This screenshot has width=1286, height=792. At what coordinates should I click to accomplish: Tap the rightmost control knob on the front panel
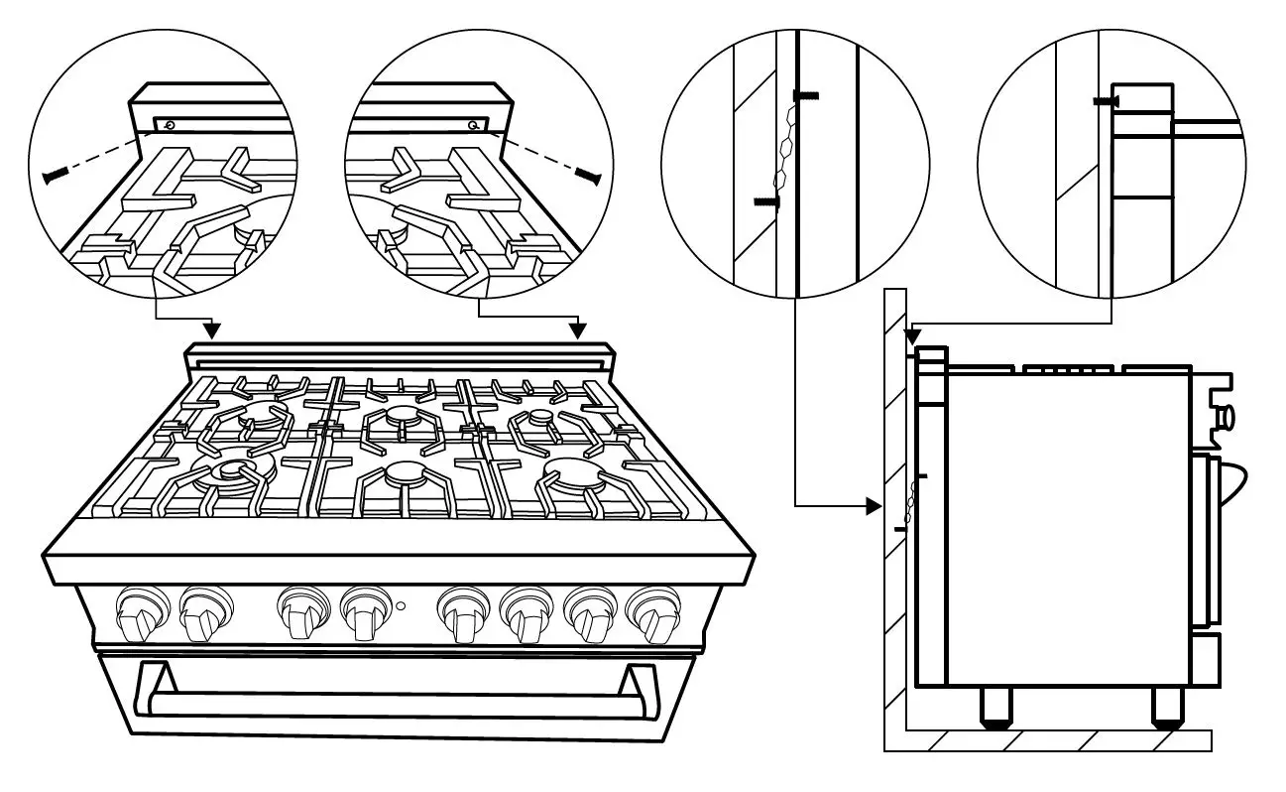tap(650, 613)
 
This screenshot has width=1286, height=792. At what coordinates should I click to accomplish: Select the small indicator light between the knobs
tap(400, 604)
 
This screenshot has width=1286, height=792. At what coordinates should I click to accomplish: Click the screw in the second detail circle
tap(587, 175)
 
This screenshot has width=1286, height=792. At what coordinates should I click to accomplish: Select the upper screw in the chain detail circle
tap(806, 95)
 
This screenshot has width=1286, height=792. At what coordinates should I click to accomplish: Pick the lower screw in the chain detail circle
tap(765, 201)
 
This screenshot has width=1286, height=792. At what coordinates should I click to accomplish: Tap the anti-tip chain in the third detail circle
tap(785, 149)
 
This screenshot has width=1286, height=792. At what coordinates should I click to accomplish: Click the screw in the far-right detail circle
tap(1107, 101)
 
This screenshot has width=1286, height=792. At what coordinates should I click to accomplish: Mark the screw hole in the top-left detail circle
tap(170, 125)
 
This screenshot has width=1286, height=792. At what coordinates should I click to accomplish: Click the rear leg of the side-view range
tap(994, 707)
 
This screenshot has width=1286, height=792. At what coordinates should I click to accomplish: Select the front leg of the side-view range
tap(1168, 707)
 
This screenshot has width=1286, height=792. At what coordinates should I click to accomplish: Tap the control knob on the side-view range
tap(1225, 415)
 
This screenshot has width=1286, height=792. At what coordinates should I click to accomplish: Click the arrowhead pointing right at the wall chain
tap(873, 506)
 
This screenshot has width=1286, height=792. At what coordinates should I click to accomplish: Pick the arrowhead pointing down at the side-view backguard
tap(912, 337)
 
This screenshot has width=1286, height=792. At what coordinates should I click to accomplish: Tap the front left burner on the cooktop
tap(231, 473)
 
